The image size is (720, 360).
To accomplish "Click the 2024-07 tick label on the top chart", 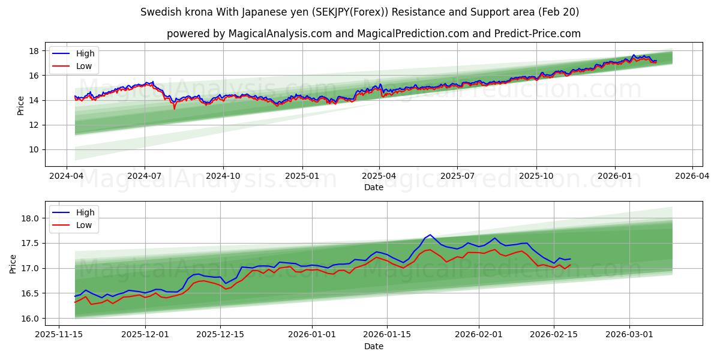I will (x=145, y=176).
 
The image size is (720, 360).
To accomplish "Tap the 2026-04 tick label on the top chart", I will (x=692, y=176).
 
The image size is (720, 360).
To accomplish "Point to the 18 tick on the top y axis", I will (x=34, y=51).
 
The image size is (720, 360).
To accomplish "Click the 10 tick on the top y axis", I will (x=34, y=149).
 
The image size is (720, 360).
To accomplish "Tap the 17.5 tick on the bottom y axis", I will (x=31, y=243).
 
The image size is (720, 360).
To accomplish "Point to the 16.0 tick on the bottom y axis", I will (x=31, y=318).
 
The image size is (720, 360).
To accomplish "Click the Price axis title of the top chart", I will (x=20, y=105).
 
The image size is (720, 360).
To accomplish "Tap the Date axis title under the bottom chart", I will (x=373, y=346).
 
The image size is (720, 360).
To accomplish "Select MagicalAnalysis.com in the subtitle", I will (x=280, y=34).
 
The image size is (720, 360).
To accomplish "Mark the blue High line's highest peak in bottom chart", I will (x=430, y=235).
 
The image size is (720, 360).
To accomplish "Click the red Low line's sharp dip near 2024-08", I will (x=175, y=109).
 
